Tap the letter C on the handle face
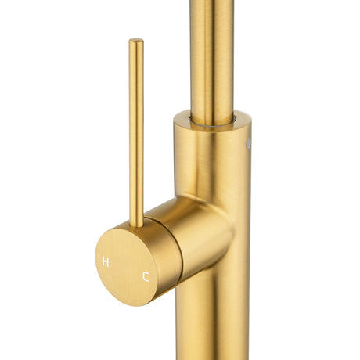point(145,275)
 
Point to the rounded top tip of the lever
point(136,41)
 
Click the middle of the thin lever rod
point(136,133)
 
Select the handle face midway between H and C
point(125,268)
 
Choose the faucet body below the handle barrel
point(211,321)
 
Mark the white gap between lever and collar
point(157,141)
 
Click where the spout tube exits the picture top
point(212,2)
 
